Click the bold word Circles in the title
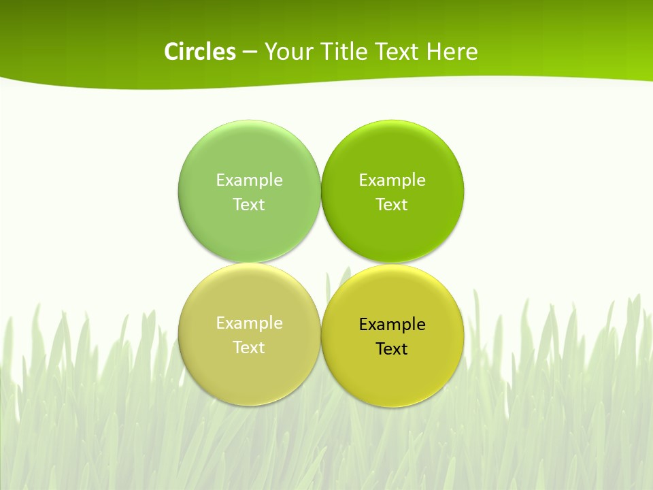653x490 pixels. coord(200,52)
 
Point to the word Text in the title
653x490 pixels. coord(398,52)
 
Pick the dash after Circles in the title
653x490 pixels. coord(250,52)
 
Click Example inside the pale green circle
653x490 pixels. coord(249,180)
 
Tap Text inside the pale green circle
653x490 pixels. coord(249,205)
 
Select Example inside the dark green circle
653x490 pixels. coord(392,180)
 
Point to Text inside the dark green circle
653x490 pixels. coord(392,205)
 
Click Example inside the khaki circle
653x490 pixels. coord(249,323)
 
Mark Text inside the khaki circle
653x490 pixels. coord(249,348)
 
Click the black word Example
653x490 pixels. coord(392,325)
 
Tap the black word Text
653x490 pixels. coord(392,349)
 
